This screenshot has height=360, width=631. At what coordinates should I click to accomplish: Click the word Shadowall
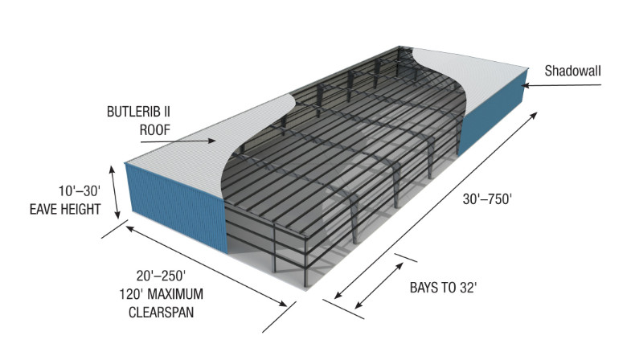(572, 71)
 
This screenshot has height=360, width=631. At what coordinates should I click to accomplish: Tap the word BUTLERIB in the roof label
(133, 112)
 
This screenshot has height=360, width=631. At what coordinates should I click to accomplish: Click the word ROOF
(155, 130)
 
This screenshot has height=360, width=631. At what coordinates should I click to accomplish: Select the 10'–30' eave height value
(80, 190)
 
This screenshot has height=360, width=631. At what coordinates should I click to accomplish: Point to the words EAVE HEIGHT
(65, 209)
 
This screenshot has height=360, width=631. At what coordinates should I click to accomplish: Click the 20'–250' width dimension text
(161, 276)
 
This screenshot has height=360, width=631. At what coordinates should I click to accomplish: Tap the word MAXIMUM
(174, 294)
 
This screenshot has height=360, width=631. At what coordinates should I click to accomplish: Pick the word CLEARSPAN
(161, 312)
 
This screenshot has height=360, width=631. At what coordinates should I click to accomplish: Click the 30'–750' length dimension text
(487, 198)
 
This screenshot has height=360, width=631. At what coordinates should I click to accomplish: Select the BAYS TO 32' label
(443, 288)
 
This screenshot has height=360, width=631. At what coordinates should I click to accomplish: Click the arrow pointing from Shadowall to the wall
(561, 85)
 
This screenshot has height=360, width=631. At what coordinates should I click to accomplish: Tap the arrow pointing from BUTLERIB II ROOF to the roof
(178, 141)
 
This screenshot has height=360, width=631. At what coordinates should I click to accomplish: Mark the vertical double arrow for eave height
(115, 192)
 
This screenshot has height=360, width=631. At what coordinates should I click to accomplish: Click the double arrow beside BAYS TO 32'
(379, 285)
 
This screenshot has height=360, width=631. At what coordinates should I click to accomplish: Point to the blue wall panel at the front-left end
(176, 207)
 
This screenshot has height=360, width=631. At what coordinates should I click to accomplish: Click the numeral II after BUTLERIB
(166, 112)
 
